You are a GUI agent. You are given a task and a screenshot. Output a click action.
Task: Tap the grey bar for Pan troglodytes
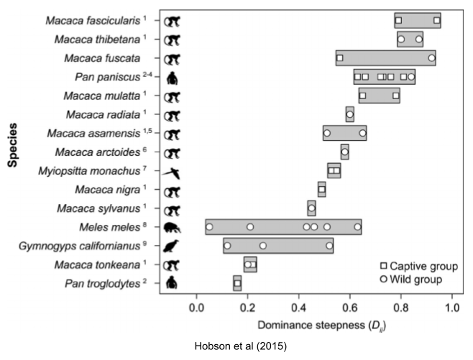(237, 284)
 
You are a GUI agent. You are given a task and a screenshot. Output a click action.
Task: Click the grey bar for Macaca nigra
(322, 190)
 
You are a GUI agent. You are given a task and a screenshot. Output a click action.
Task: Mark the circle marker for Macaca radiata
(349, 114)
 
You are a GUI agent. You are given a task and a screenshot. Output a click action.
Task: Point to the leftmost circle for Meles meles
(209, 227)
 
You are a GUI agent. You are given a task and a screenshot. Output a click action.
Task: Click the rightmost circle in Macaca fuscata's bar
(431, 57)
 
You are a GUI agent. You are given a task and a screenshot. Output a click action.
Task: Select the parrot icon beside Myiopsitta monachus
(173, 172)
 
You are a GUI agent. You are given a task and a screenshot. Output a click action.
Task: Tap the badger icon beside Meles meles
(173, 228)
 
